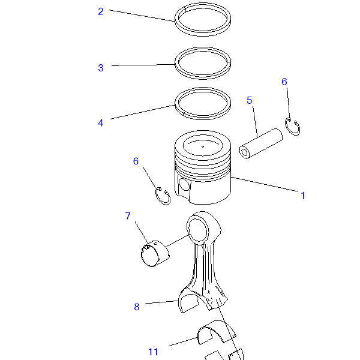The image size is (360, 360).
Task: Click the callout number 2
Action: click(x=101, y=12)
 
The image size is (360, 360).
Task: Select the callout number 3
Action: click(x=101, y=68)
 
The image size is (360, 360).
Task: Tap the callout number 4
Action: click(x=101, y=123)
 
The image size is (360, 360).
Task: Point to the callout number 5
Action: click(x=250, y=100)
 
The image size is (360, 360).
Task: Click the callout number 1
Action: click(x=303, y=196)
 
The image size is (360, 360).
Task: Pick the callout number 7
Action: click(x=128, y=216)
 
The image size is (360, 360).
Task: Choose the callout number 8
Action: click(x=137, y=307)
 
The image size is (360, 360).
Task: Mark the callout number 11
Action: click(x=153, y=352)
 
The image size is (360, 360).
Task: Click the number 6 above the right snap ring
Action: click(x=284, y=82)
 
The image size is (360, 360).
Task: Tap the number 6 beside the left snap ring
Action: click(x=136, y=161)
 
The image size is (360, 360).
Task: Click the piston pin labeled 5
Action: click(x=261, y=144)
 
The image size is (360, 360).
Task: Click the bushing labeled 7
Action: click(x=155, y=254)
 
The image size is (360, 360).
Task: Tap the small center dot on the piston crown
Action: click(x=203, y=146)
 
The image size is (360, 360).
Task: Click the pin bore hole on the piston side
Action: click(x=184, y=184)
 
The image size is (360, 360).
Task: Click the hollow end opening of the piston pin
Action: click(x=245, y=152)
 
